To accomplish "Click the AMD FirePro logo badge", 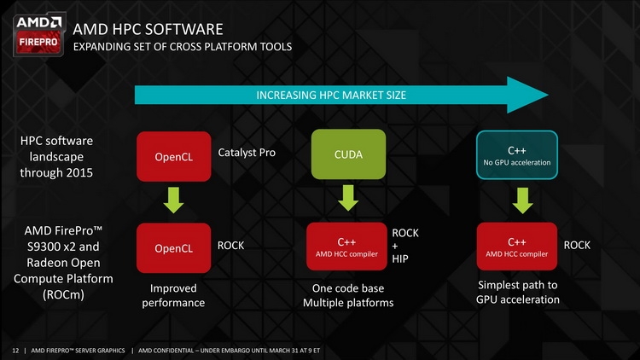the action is (38, 35).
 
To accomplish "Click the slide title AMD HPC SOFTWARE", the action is (148, 29).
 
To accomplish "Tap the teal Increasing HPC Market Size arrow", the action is (341, 95).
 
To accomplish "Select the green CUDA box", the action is (348, 154).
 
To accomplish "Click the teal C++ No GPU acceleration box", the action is (517, 154).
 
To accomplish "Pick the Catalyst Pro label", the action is (247, 153).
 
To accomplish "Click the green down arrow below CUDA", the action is (348, 198).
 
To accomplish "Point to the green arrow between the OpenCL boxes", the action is (173, 200).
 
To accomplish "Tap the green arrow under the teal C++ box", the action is (522, 200).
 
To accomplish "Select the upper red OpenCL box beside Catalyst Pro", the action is (174, 156).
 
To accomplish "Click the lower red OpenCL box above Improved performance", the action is (174, 247).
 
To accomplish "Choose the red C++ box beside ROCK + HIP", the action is (346, 247).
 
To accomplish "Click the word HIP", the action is (400, 258).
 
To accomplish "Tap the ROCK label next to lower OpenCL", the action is (230, 246).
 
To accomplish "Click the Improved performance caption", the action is (173, 295).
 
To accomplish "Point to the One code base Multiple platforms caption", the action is (348, 295).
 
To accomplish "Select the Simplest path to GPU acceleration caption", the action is (518, 293).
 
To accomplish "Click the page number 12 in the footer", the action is (15, 351).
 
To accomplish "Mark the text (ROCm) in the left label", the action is (63, 294).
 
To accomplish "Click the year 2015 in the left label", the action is (79, 172).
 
